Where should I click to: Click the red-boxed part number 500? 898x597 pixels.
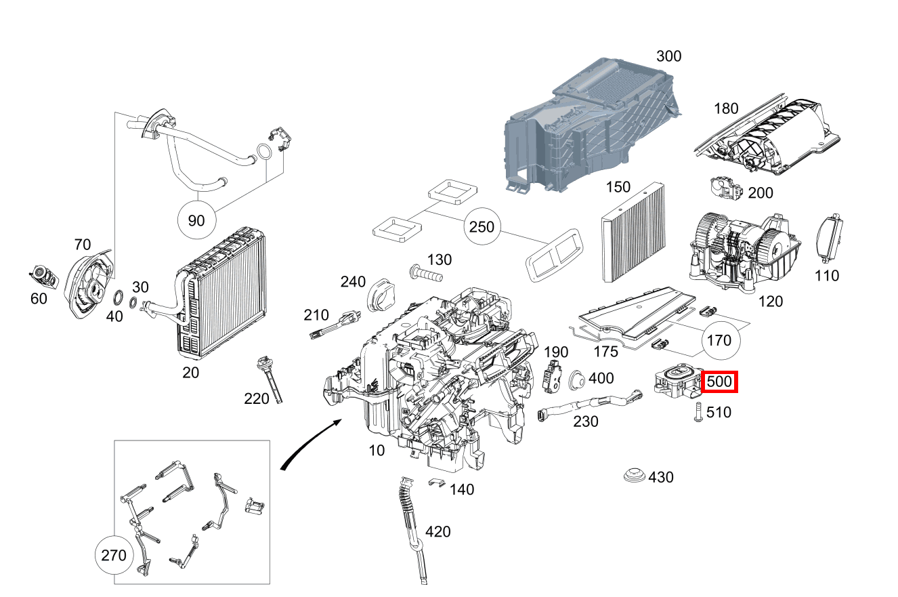719,382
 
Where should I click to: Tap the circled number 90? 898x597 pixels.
196,221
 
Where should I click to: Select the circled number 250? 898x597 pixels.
482,227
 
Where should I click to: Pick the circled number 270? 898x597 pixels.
113,556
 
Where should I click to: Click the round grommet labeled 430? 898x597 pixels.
635,476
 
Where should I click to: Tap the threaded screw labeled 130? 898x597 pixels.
425,274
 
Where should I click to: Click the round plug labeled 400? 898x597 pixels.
579,380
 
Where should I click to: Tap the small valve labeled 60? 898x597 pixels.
41,274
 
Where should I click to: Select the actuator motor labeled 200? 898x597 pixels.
726,189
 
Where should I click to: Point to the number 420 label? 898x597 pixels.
437,531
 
